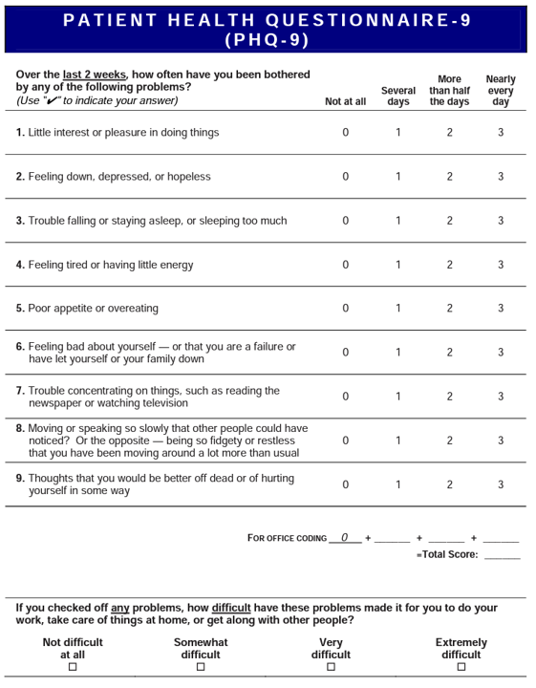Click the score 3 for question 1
[x=500, y=133]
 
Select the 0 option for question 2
[x=346, y=177]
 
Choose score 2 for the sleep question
[x=449, y=221]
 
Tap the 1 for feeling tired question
[x=398, y=265]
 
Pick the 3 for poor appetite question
[x=500, y=309]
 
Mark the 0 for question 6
[x=346, y=353]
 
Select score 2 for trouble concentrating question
[x=449, y=397]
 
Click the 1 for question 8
[x=398, y=441]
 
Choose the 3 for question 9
[x=500, y=484]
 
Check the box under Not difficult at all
[x=73, y=668]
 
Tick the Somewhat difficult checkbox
[x=201, y=668]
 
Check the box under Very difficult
[x=331, y=668]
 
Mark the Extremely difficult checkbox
[x=461, y=668]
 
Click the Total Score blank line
[x=502, y=555]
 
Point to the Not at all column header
[x=345, y=101]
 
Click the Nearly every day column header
[x=501, y=91]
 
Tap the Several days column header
[x=398, y=97]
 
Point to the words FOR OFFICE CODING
[x=287, y=538]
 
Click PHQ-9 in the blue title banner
[x=267, y=39]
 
